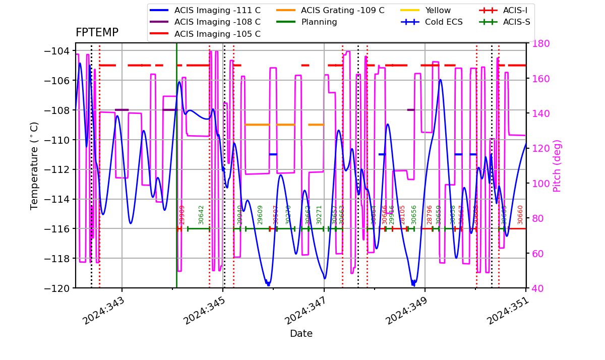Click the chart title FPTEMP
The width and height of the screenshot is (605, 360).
coord(97,33)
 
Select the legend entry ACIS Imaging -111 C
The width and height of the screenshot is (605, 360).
coord(217,10)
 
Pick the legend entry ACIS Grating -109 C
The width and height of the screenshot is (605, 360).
coord(342,10)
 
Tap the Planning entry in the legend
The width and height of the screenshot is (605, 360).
coord(319,22)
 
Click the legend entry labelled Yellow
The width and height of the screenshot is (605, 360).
coord(438,10)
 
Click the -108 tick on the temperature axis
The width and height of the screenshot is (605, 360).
coord(56,110)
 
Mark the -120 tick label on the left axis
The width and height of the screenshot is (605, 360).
coord(56,288)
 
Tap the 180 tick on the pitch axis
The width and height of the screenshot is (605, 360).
coord(538,43)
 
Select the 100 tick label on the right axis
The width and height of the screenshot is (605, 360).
coord(538,184)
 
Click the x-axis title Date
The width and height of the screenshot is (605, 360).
coord(301,334)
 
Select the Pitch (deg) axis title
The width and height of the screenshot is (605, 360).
coord(557,165)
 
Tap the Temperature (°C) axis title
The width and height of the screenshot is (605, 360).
coord(35,165)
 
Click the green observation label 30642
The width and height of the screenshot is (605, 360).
coord(201,215)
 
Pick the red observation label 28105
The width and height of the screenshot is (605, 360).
coord(402,215)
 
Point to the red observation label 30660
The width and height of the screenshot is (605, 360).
coord(520,215)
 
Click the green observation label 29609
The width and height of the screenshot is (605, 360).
coord(260,215)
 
